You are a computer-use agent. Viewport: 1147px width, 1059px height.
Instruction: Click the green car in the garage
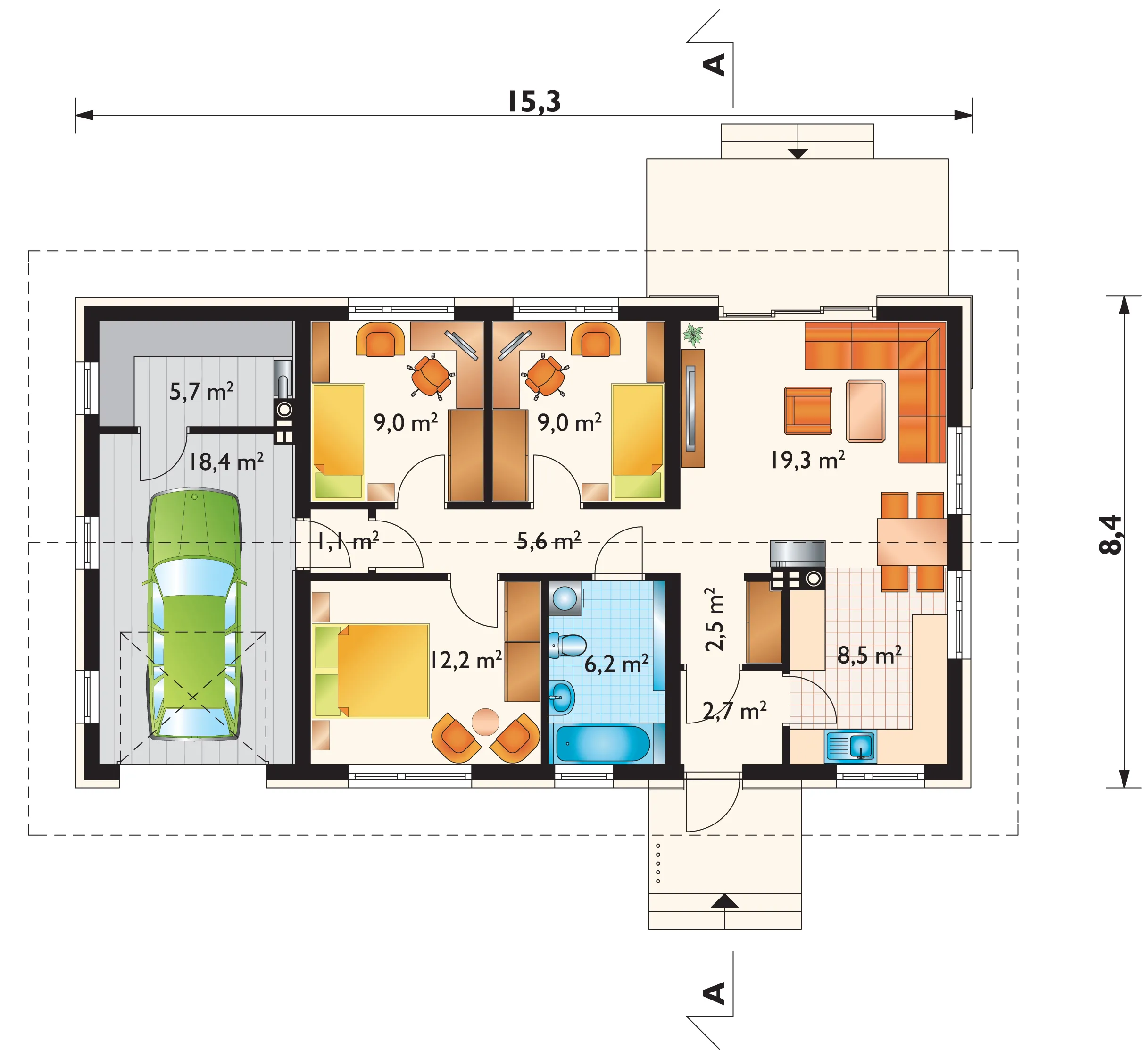point(194,614)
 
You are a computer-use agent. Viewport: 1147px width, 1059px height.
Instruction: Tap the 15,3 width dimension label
point(534,102)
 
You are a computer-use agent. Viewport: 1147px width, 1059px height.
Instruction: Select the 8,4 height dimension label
point(1110,535)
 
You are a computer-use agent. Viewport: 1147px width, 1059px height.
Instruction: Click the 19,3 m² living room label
point(807,460)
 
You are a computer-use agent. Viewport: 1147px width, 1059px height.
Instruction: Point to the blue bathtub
point(603,744)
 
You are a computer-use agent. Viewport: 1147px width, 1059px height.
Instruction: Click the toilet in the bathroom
point(567,645)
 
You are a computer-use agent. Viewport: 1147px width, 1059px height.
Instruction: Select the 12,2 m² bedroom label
point(466,660)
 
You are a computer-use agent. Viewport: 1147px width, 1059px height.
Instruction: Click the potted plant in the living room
point(693,335)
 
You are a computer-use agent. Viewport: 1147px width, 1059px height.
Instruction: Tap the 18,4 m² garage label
point(226,462)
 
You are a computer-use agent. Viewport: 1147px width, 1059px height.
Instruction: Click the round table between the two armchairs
point(486,722)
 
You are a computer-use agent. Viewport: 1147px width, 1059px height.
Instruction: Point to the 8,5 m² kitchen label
point(869,655)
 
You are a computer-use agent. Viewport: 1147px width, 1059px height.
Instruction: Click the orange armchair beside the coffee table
point(808,410)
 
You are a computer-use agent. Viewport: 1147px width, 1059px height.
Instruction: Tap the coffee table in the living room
point(866,411)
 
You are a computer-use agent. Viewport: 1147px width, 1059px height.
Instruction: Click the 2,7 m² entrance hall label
point(735,711)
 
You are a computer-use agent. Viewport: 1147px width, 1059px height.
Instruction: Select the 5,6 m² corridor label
point(549,540)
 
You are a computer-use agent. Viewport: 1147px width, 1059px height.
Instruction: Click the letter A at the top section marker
point(714,65)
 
